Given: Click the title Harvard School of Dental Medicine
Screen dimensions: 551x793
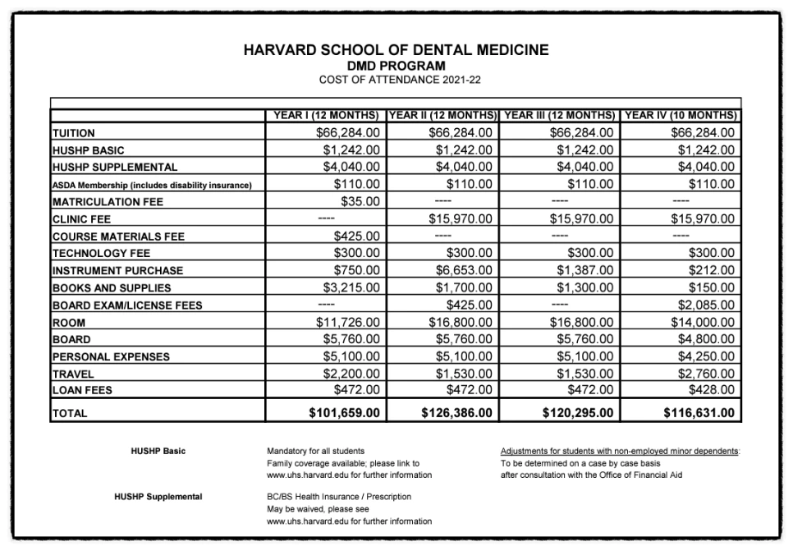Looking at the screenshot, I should pos(396,50).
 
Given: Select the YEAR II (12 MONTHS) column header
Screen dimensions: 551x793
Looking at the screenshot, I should pos(441,115).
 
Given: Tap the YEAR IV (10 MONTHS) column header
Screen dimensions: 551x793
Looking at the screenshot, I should pos(681,115).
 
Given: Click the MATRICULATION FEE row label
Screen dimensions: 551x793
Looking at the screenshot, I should pos(108,202).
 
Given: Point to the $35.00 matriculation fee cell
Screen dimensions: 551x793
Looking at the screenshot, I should pos(360,201).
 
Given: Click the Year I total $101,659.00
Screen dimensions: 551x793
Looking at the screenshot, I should pos(344,412).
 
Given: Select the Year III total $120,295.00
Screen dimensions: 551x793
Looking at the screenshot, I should pos(578,412).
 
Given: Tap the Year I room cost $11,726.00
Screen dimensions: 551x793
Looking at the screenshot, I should pos(348,323).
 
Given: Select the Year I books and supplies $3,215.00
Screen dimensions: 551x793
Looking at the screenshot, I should pos(351,287).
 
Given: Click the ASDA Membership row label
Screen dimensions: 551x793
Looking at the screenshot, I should pos(152,185).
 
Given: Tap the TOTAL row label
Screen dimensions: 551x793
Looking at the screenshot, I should pos(69,414).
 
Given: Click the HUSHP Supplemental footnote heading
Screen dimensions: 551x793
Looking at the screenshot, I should pos(158,497).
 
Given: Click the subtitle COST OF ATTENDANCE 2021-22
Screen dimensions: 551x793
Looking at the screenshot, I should pos(396,79).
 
